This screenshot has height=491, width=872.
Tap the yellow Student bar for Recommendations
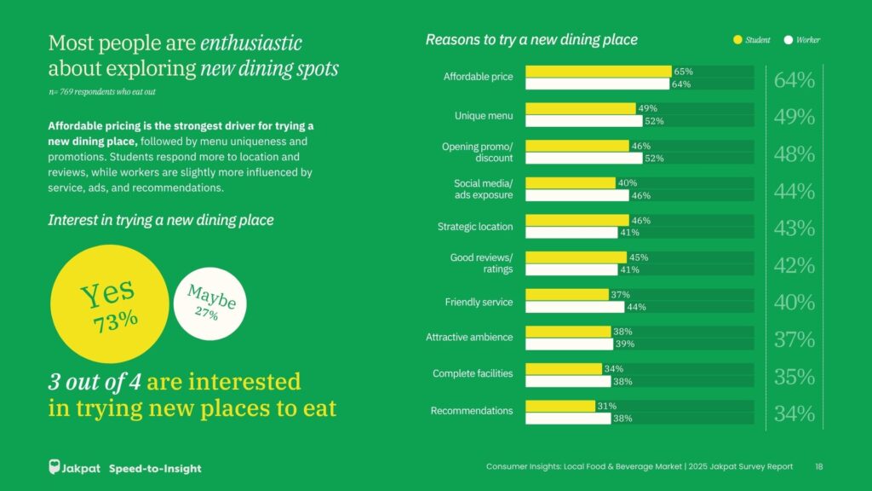pos(560,406)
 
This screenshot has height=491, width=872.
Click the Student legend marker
pos(737,40)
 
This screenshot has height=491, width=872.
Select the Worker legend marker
pos(789,40)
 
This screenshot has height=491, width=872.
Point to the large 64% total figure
pos(794,81)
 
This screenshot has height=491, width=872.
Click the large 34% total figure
pos(794,414)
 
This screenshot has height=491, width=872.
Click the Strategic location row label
pos(475,227)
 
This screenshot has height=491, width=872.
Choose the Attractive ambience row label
pos(469,338)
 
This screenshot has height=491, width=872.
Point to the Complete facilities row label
pos(473,374)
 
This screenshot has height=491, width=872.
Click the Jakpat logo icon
pos(55,467)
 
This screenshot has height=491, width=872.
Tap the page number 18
pos(819,467)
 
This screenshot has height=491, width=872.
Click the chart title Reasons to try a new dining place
pos(531,40)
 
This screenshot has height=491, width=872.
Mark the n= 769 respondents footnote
pos(101,91)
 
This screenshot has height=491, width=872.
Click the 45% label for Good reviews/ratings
pos(639,257)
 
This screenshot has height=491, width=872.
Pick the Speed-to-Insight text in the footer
pos(155,468)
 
